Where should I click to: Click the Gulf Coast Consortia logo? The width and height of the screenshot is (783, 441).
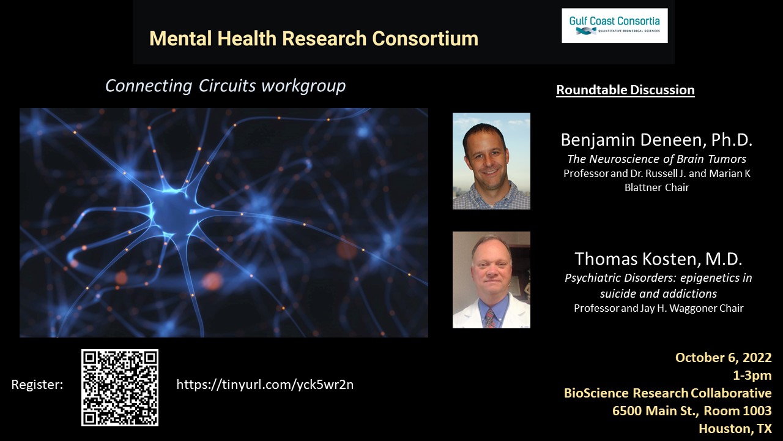(x=615, y=26)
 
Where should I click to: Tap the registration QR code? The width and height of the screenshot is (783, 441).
(x=120, y=388)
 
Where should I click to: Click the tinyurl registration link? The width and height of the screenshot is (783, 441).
(x=265, y=384)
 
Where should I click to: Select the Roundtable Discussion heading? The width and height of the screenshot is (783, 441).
(x=625, y=90)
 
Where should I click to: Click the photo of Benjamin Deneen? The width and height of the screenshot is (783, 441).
(x=491, y=161)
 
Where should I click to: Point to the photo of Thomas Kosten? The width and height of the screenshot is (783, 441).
(x=491, y=280)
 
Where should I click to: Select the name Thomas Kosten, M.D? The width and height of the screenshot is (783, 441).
(x=658, y=258)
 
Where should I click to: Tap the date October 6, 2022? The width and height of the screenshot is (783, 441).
(x=723, y=357)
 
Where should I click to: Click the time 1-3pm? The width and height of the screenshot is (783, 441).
(x=752, y=375)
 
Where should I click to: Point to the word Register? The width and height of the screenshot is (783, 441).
(x=37, y=385)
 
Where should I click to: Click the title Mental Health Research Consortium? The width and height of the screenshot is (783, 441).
(x=314, y=38)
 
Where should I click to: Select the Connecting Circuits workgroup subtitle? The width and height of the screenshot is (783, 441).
(x=226, y=86)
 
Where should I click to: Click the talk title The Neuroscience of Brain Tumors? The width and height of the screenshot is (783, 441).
(x=656, y=159)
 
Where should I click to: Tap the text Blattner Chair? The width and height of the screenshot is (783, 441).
(x=656, y=187)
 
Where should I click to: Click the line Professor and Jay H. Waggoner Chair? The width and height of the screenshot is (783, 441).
(x=659, y=308)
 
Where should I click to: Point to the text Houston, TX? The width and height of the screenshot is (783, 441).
(x=735, y=428)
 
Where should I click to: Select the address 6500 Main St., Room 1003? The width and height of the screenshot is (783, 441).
(x=692, y=410)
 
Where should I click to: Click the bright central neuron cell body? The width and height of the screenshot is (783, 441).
(x=172, y=211)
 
